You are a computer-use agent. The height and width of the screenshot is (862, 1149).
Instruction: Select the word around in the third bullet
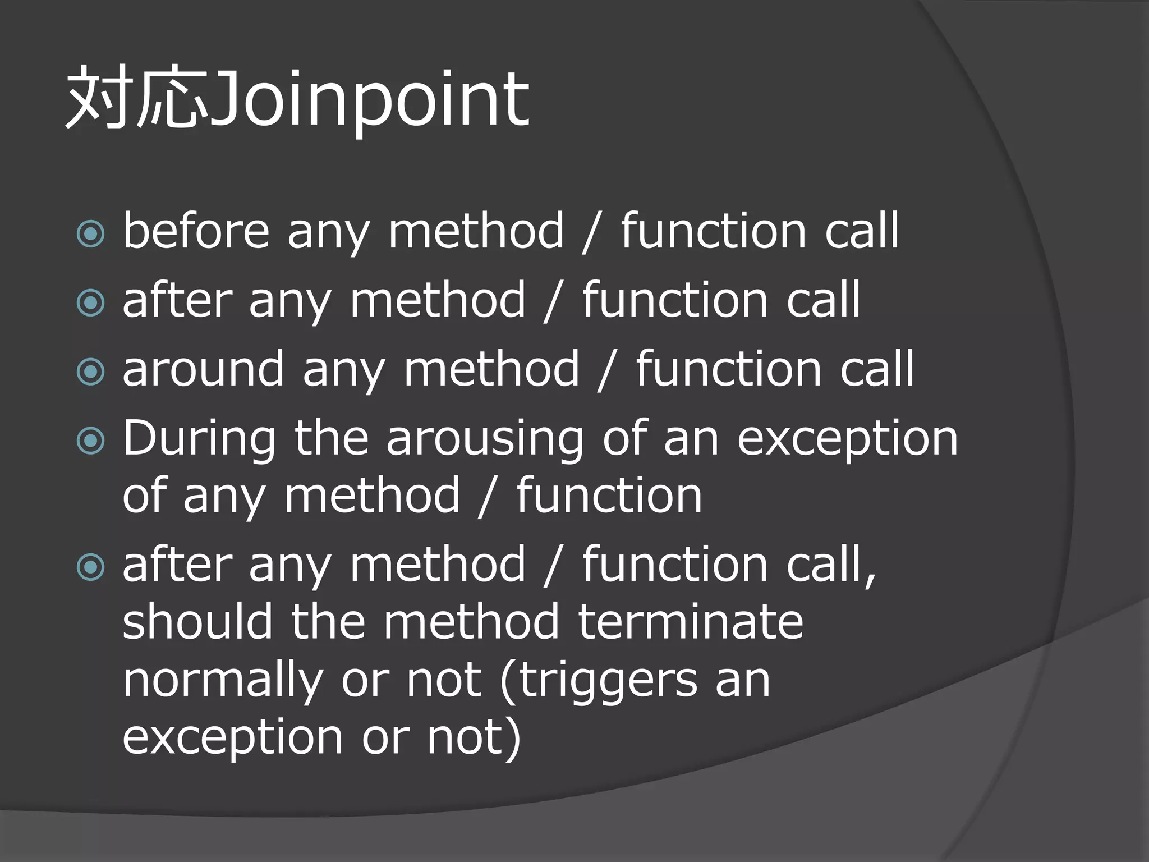tap(203, 369)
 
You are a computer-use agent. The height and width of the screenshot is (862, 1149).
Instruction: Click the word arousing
tap(485, 439)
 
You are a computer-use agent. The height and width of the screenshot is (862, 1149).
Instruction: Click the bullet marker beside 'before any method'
tap(90, 233)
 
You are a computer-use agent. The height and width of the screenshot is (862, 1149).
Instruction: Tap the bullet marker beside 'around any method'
tap(90, 372)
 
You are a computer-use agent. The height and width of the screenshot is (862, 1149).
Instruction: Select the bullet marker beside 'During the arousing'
tap(90, 441)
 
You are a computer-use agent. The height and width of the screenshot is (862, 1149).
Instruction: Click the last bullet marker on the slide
tap(90, 567)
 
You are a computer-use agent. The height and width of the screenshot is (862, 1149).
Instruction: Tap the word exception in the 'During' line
tap(847, 439)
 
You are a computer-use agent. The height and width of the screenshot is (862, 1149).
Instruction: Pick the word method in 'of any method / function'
tap(372, 496)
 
